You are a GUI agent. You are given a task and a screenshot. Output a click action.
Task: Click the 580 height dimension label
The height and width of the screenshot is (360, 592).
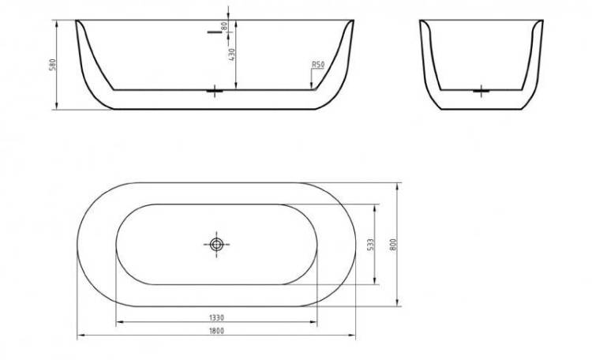[53, 65]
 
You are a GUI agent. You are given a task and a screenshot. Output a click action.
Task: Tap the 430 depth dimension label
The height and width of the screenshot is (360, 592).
[232, 54]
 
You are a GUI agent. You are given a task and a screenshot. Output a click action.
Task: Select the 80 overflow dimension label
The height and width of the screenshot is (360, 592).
[224, 26]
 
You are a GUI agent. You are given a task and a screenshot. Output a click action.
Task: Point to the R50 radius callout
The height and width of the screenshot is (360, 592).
[318, 65]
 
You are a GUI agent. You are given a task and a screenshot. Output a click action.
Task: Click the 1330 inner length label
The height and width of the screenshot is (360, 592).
[216, 317]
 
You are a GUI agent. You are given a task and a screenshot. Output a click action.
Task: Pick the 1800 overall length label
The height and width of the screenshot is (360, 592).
[216, 331]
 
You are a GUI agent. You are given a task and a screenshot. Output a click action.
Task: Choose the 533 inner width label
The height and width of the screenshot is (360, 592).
[370, 245]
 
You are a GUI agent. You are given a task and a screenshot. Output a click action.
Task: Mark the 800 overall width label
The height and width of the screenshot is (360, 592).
[393, 246]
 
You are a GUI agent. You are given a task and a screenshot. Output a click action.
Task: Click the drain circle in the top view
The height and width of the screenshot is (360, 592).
[216, 245]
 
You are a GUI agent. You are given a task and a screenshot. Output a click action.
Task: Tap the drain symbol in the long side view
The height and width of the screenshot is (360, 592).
[215, 91]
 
